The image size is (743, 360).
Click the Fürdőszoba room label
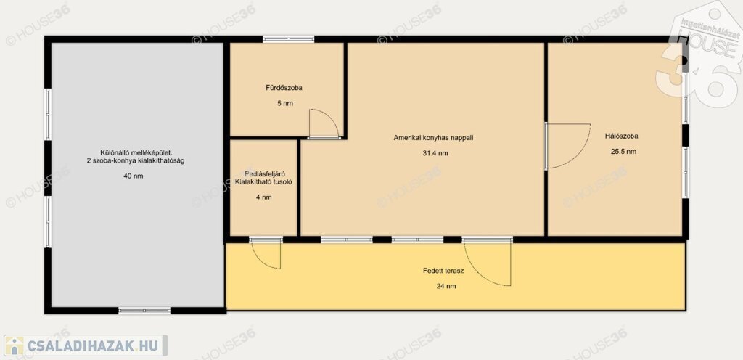[284, 88]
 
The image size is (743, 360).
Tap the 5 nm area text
[284, 103]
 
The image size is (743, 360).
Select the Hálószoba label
[621, 136]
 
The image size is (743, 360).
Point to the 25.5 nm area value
[623, 152]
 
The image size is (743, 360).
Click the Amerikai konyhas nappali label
[434, 138]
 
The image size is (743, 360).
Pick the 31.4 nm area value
[435, 153]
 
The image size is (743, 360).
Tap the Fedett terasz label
[443, 271]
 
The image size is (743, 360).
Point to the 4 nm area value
[263, 197]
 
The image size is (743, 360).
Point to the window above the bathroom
[289, 39]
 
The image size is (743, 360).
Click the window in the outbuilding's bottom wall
[144, 311]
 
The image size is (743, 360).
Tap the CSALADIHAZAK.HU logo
[86, 345]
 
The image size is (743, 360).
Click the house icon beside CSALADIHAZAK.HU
[15, 345]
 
